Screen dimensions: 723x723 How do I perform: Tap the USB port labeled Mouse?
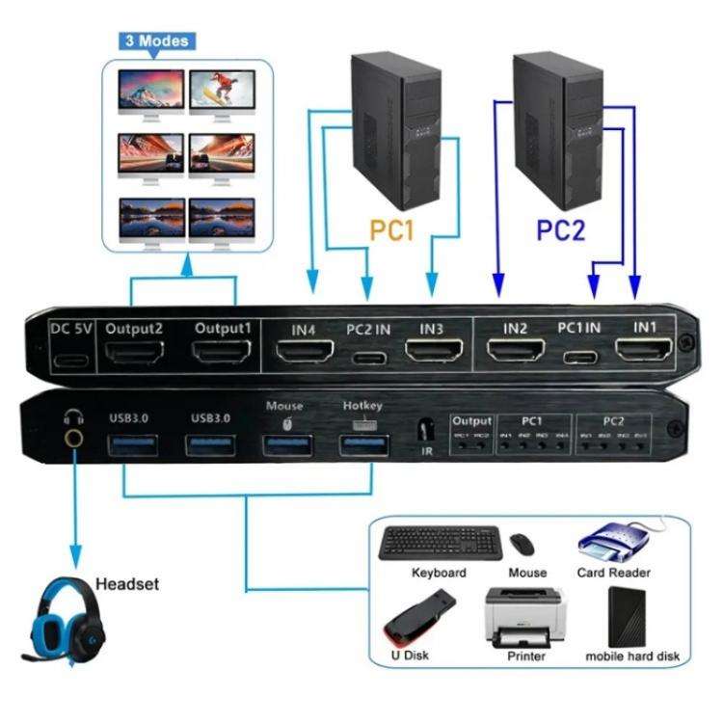click(x=286, y=445)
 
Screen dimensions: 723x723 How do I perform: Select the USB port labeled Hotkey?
click(x=363, y=445)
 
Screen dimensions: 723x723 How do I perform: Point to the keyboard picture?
click(x=439, y=543)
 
